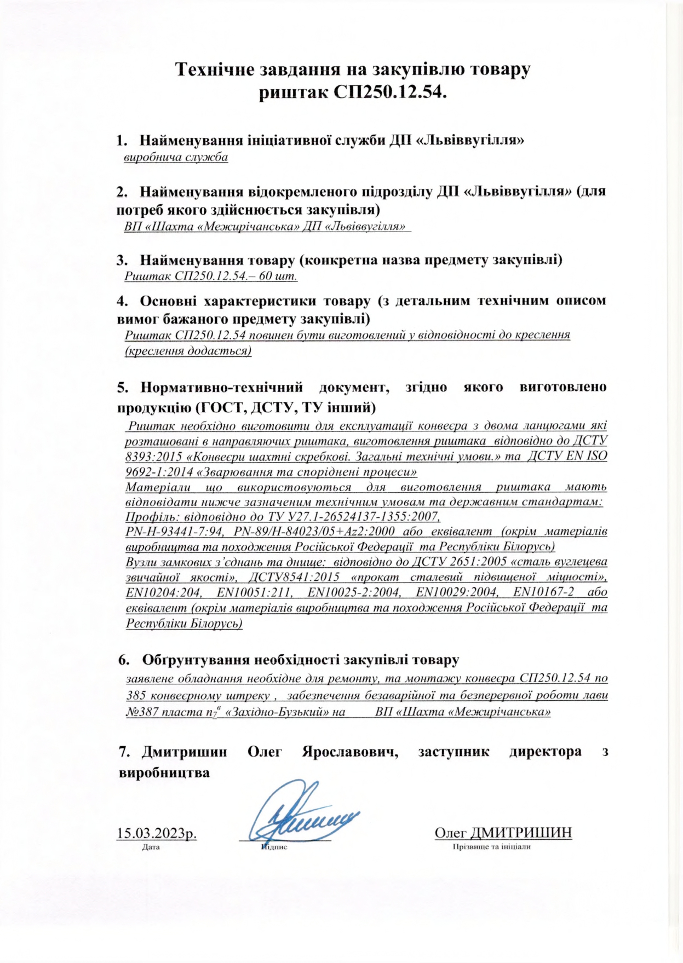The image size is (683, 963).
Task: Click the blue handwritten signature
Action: pos(301,816)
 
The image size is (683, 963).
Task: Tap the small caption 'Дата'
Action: pos(151,847)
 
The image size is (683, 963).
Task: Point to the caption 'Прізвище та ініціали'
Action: pos(491,847)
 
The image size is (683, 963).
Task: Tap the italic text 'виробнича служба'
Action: pos(176,158)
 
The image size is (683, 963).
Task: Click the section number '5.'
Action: pos(123,387)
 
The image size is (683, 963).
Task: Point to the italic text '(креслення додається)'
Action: pos(188,350)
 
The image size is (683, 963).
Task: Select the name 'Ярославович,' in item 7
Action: pos(350,752)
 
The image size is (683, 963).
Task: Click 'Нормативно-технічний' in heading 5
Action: pos(222,387)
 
